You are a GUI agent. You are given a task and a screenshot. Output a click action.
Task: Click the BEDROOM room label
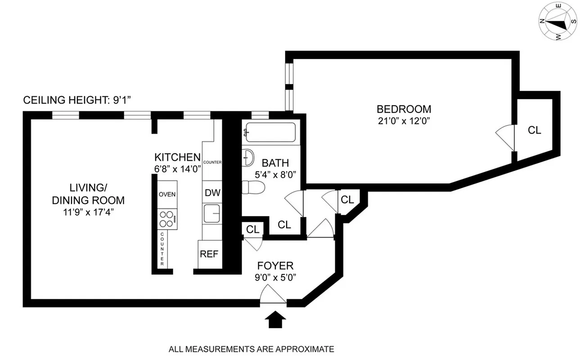(x=404, y=109)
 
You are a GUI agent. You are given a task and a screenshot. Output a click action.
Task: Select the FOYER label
(x=275, y=265)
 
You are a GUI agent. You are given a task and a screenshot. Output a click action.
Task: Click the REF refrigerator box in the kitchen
(x=209, y=254)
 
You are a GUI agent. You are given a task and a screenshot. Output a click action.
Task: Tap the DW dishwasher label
(x=212, y=193)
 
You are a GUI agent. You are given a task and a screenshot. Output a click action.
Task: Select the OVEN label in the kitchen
(x=167, y=194)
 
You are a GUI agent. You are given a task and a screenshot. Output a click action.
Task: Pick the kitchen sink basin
(x=211, y=213)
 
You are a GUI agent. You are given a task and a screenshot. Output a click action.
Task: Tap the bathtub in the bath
(x=270, y=132)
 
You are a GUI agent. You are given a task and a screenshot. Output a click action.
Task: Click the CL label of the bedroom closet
(x=534, y=130)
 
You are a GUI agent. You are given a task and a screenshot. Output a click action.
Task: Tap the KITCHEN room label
(x=177, y=157)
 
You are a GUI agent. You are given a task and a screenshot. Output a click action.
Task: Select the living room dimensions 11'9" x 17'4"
(x=88, y=212)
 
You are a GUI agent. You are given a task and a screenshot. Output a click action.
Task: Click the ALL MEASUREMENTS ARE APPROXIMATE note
(x=251, y=349)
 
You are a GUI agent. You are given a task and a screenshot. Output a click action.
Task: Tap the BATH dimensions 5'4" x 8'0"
(x=275, y=175)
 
